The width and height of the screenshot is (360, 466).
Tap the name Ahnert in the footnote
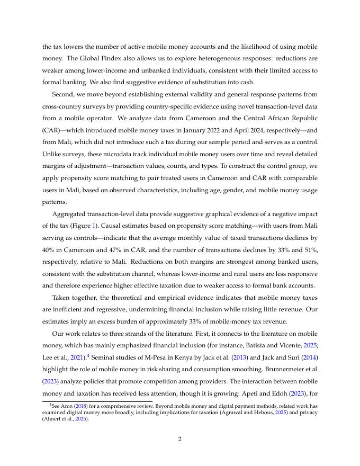point(54,418)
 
